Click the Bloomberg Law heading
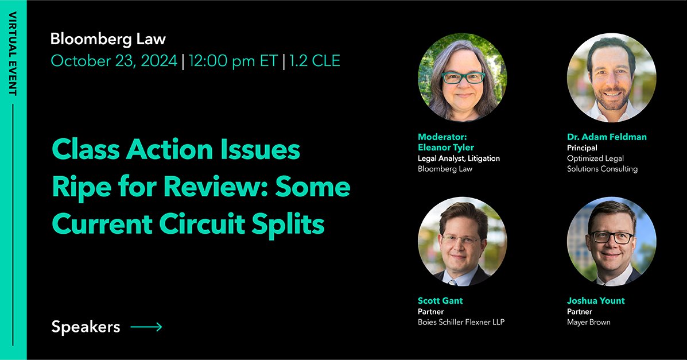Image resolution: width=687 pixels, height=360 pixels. point(108,39)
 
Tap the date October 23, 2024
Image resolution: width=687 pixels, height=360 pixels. point(114,61)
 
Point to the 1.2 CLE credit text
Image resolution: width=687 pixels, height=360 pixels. point(315,61)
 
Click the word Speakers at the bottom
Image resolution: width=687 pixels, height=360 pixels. point(86,327)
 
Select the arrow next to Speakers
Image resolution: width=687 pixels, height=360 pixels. point(146,327)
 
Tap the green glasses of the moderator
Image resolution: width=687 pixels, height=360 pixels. point(463,78)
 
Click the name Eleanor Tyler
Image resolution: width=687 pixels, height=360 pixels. point(446,148)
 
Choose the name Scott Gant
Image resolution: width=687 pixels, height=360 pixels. point(440,301)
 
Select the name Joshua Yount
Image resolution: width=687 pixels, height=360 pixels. point(596,301)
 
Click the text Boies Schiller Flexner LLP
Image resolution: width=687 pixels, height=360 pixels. point(461,322)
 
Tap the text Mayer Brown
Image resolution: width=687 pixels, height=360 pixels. point(588,322)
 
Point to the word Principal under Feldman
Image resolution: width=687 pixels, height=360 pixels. point(582,148)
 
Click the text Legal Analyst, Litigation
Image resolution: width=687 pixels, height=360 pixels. point(459,158)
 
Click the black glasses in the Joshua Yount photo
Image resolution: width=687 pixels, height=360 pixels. point(611,237)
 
